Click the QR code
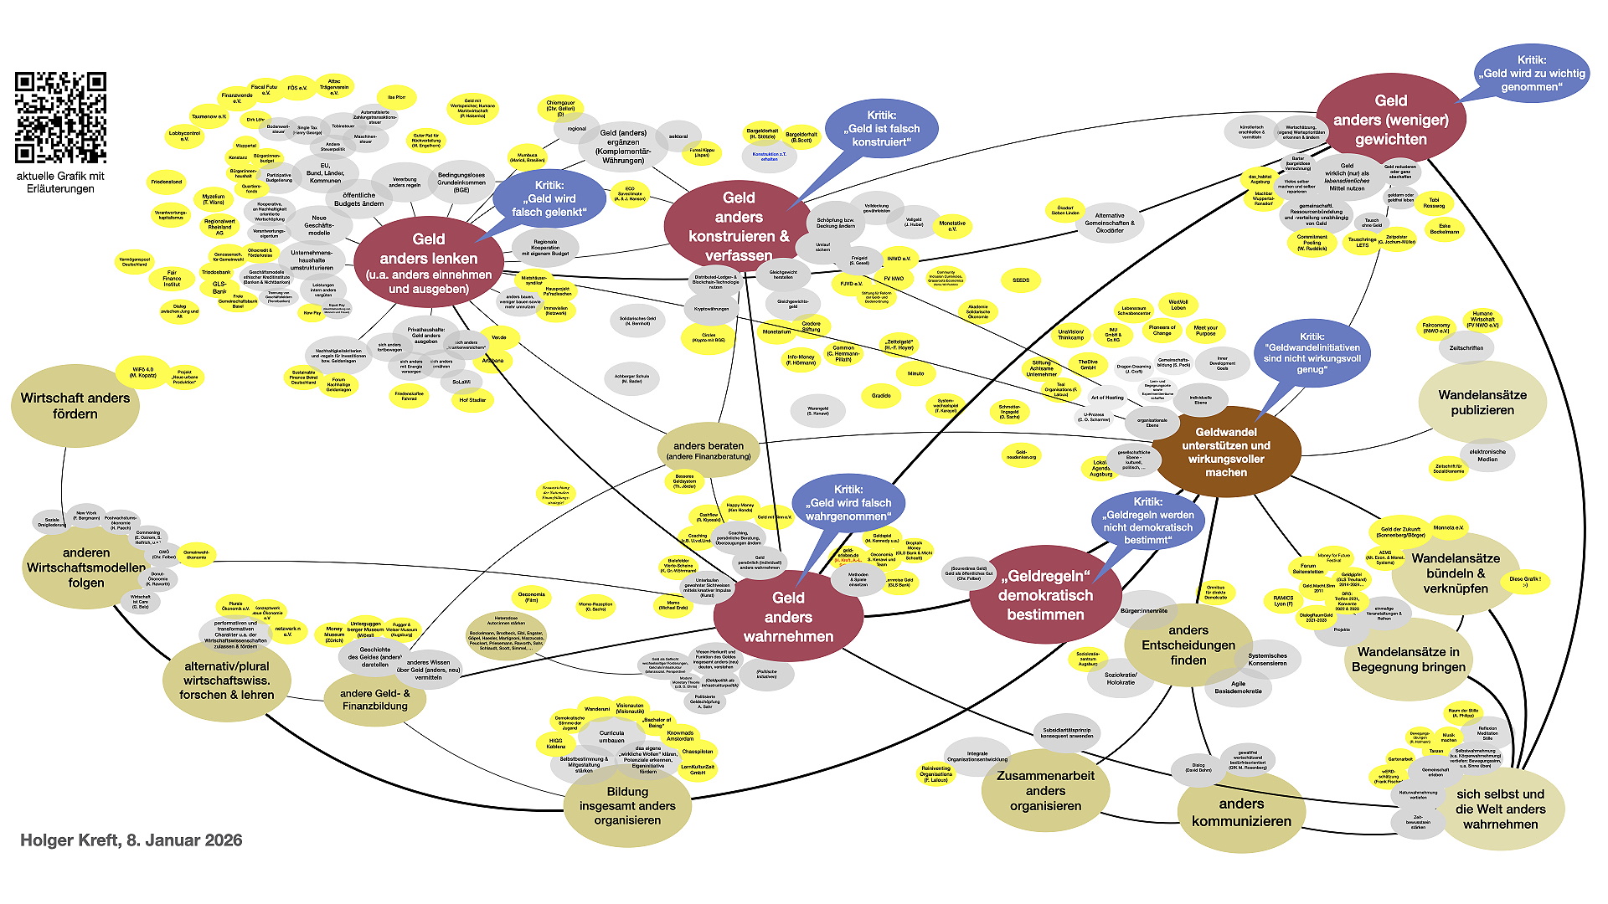(x=60, y=117)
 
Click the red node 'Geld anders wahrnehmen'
(x=788, y=617)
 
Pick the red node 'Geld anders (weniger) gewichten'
(x=1390, y=120)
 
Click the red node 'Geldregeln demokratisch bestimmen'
(x=1045, y=595)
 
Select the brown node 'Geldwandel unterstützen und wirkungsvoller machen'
(x=1226, y=452)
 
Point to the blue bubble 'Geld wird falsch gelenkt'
(x=549, y=199)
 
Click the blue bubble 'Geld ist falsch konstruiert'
(x=881, y=129)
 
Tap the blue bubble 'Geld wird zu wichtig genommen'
(x=1531, y=74)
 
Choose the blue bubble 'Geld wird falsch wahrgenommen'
(x=848, y=503)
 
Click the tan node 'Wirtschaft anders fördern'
(x=75, y=406)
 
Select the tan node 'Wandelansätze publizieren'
(x=1482, y=403)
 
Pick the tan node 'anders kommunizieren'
(x=1241, y=812)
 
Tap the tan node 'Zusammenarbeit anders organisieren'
(x=1045, y=790)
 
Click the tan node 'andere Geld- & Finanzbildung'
(x=374, y=700)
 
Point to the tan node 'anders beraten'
(x=709, y=450)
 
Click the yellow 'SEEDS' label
(x=1021, y=280)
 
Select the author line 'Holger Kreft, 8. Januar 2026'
(x=131, y=840)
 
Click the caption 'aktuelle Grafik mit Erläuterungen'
(x=60, y=182)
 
